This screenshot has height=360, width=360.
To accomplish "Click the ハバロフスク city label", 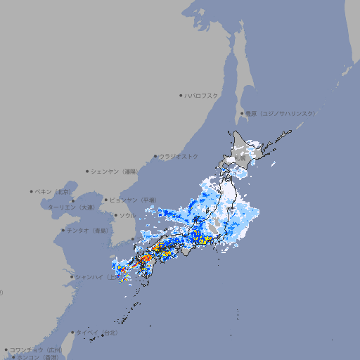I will (x=202, y=95).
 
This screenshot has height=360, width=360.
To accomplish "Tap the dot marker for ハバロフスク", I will (x=181, y=95).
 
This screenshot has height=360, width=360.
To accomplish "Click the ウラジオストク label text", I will (x=179, y=156).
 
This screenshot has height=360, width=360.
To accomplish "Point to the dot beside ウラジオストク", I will (x=155, y=156).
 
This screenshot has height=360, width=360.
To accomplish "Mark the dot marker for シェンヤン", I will (x=87, y=171).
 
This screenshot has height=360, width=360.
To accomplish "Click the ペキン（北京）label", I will (x=54, y=191).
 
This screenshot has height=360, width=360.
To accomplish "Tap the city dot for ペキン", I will (x=32, y=191).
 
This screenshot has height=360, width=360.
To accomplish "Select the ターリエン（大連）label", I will (x=71, y=207).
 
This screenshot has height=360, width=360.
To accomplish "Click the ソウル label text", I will (x=127, y=215).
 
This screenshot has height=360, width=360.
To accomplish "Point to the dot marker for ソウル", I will (x=115, y=215).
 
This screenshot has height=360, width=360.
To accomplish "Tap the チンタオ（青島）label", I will (x=89, y=230).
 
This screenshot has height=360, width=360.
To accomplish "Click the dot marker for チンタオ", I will (x=63, y=230).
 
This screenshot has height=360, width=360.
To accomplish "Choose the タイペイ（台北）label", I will (x=97, y=332).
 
